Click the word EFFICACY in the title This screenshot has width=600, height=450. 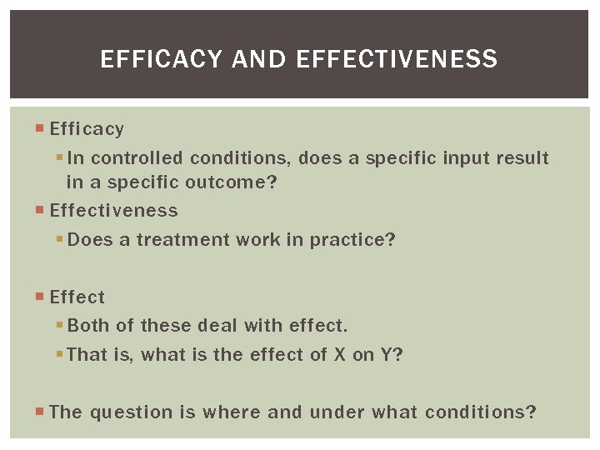coord(162,59)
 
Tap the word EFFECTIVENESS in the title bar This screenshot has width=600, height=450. coord(396,59)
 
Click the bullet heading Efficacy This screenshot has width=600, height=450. coord(87,129)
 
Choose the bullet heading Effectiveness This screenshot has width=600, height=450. coord(113,211)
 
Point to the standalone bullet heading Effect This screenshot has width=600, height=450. coord(77,297)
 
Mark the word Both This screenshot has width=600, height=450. coord(87,326)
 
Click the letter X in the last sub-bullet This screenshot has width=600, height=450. coord(339,355)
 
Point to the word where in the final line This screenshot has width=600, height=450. coord(231,412)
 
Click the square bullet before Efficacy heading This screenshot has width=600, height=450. coord(42,129)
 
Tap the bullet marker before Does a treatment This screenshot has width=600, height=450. coord(60,240)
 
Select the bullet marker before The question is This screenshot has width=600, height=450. coord(42,412)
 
